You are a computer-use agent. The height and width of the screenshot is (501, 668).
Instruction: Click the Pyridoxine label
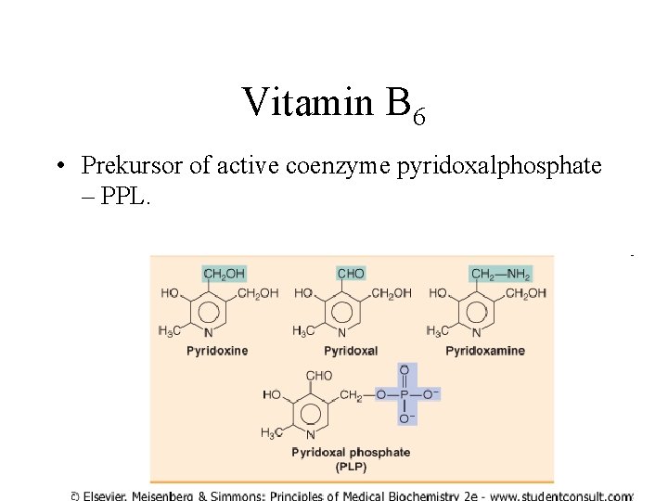tap(217, 351)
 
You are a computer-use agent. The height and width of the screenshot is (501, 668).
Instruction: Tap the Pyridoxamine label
tap(485, 351)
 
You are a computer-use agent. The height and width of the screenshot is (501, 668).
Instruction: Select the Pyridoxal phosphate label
tap(351, 453)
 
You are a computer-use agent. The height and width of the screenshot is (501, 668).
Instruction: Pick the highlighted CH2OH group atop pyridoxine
tap(224, 274)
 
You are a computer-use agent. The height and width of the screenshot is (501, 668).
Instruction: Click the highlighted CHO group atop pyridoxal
tap(351, 274)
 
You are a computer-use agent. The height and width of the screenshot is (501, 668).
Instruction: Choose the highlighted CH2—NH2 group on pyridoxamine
tap(501, 274)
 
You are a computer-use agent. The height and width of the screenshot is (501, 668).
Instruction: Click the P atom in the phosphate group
tap(404, 395)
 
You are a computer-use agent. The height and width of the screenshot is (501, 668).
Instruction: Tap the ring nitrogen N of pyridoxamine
tap(477, 333)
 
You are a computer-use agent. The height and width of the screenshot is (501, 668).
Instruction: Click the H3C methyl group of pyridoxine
tap(170, 330)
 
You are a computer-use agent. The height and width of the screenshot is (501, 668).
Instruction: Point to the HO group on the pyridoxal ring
tap(303, 293)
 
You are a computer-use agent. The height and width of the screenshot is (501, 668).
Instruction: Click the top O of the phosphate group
tap(404, 370)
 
